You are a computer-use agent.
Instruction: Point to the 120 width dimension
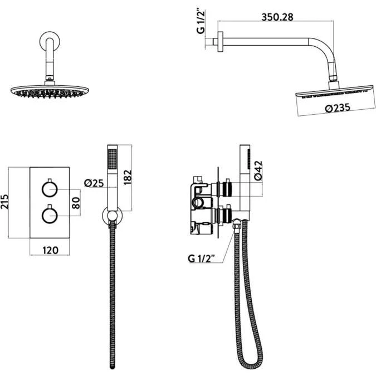point(50,250)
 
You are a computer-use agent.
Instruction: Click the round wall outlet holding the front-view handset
point(112,216)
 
